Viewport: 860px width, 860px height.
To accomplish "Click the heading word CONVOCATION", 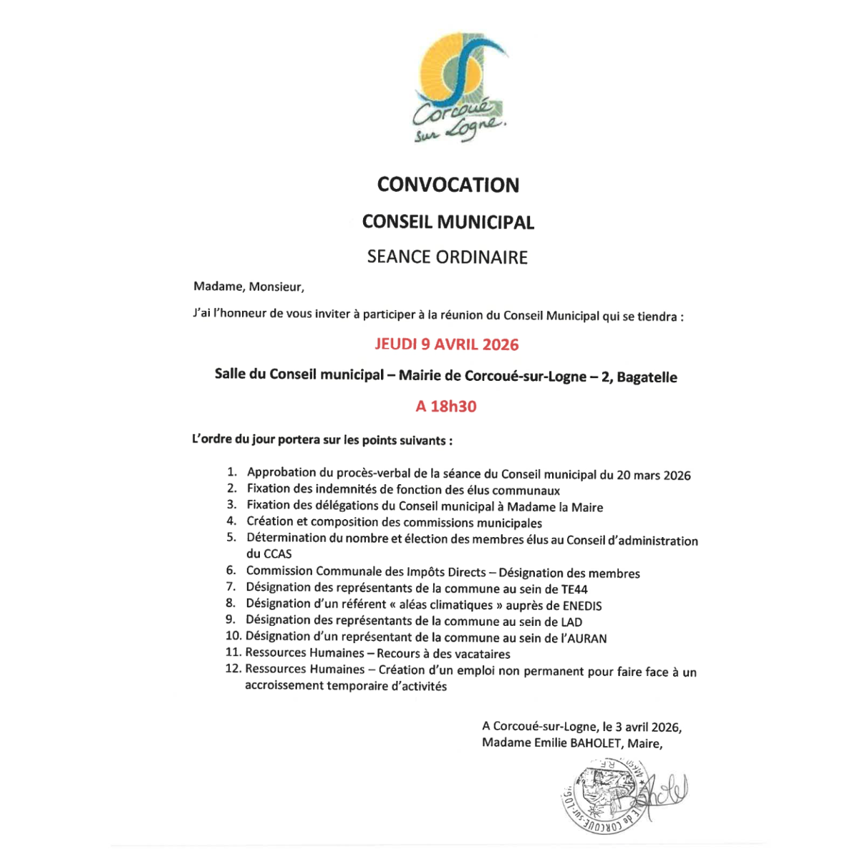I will pos(448,185).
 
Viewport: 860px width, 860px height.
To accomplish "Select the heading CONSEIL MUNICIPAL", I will pos(448,222).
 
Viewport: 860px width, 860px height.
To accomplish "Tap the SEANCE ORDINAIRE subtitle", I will pos(448,257).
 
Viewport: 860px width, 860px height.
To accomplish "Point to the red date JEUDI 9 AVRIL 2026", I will pos(447,344).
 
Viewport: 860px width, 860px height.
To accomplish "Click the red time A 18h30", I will pos(446,407).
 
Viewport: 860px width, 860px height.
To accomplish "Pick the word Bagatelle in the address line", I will pos(647,377).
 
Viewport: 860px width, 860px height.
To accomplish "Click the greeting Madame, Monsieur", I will pos(248,287).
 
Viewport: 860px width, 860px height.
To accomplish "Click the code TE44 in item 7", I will pos(574,589).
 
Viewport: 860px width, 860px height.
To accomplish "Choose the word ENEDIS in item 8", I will pos(583,606).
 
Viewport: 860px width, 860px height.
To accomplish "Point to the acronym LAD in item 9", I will pos(571,622).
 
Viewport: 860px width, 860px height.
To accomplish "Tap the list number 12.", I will pos(233,669).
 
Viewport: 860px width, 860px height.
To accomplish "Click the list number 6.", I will pos(231,571).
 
